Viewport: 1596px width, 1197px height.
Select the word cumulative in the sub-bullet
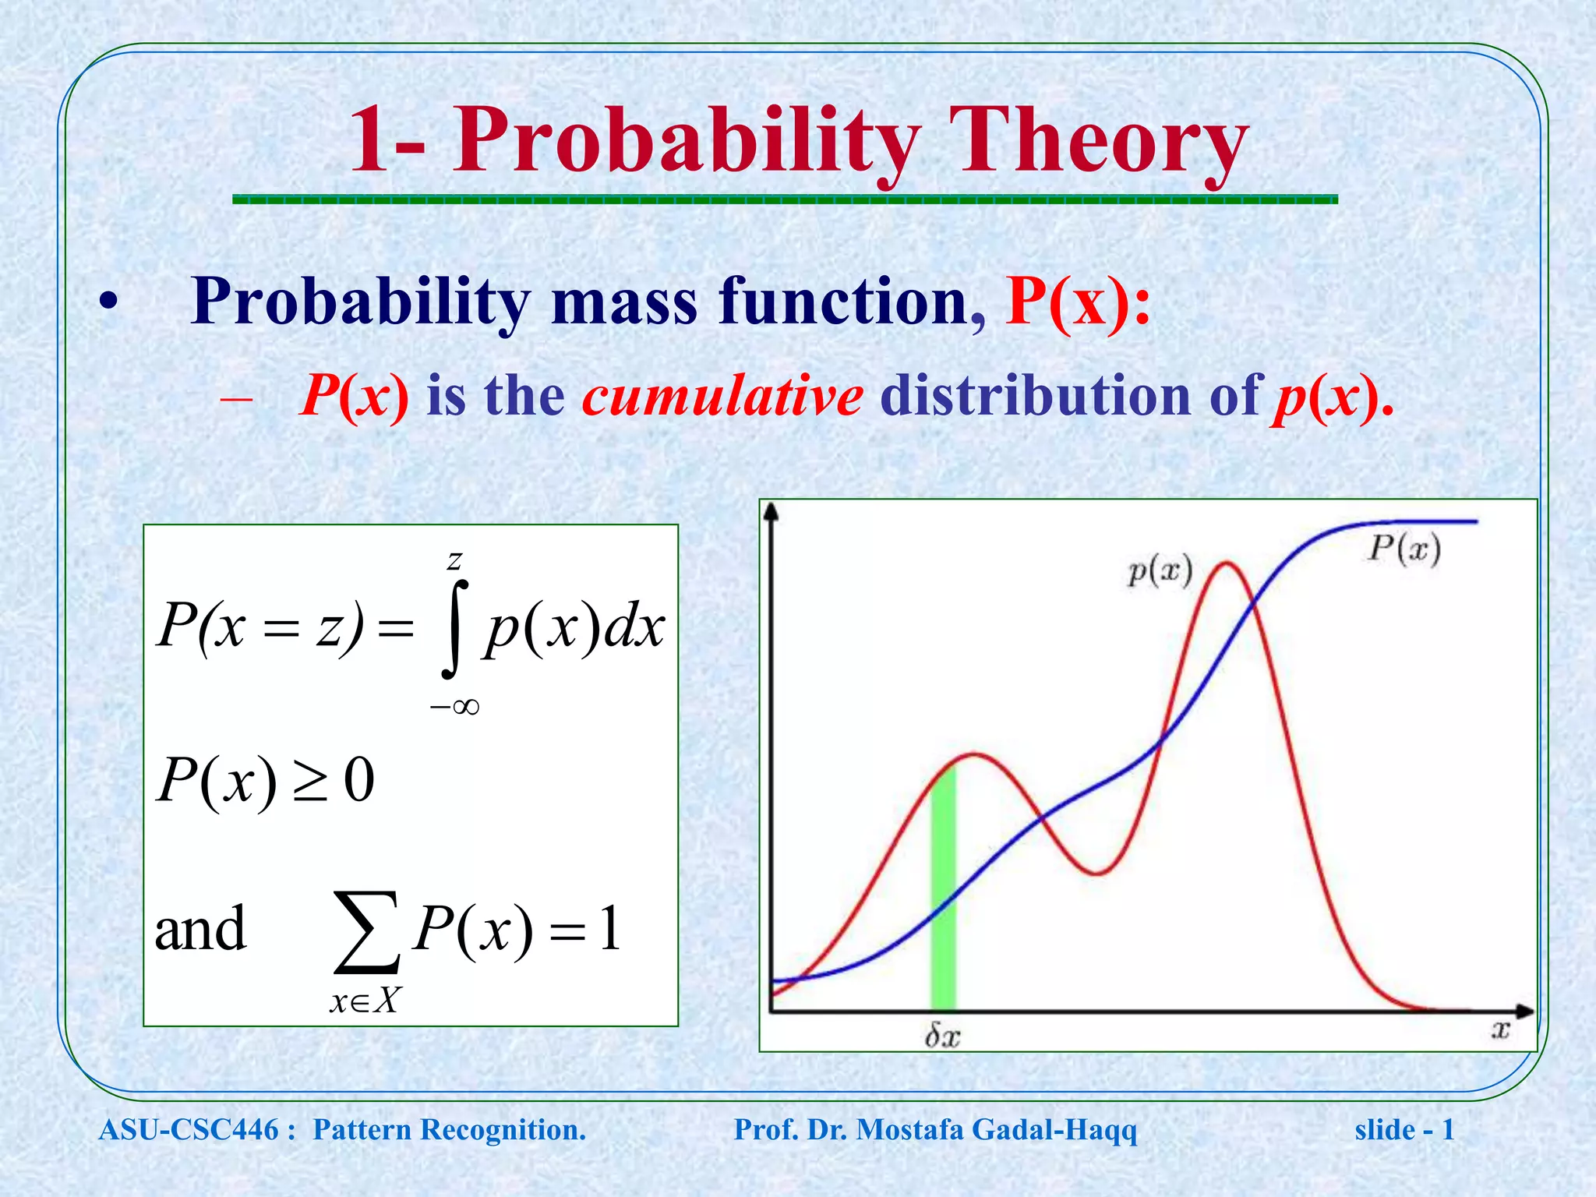pos(722,396)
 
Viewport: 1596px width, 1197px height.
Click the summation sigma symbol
pos(367,933)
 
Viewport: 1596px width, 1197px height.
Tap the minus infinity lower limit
pos(454,707)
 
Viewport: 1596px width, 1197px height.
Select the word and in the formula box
pos(200,929)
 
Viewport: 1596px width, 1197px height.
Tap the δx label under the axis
pos(942,1036)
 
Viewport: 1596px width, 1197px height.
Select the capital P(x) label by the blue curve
pos(1404,549)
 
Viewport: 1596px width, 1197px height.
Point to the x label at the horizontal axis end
pos(1500,1030)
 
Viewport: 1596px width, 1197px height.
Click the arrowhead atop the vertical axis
pos(772,511)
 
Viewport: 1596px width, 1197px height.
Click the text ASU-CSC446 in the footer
pos(189,1130)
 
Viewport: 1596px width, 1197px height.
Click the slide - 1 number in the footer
pos(1404,1130)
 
